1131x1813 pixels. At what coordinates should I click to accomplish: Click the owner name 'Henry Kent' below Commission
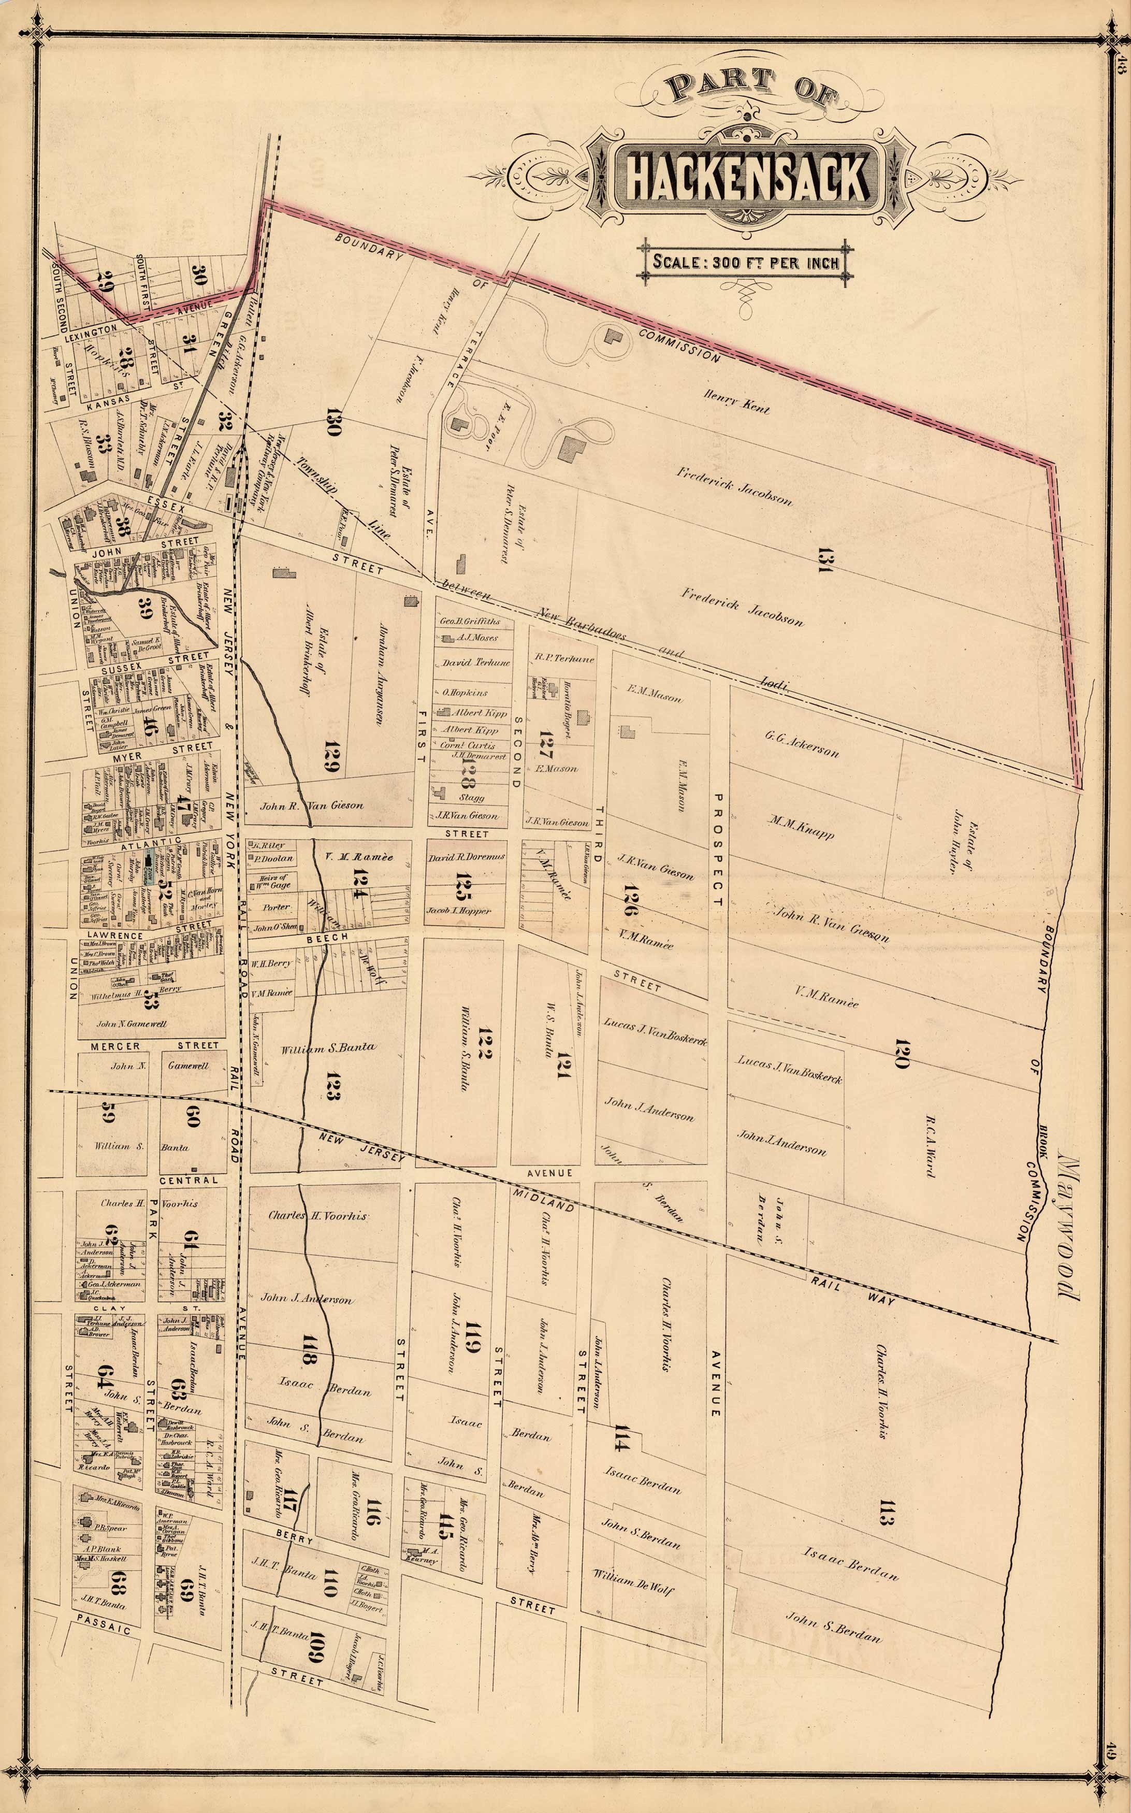(735, 402)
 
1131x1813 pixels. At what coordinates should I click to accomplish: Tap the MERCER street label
(116, 1045)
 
